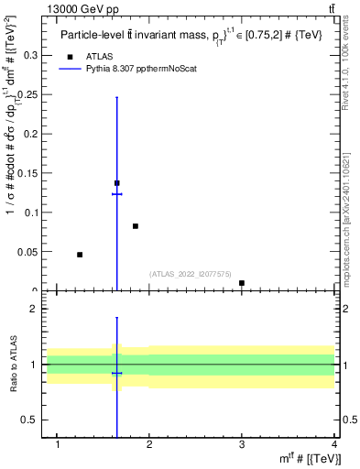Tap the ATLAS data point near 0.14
coord(116,183)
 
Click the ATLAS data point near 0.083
coord(136,226)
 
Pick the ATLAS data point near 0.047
coord(80,255)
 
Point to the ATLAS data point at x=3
coord(242,283)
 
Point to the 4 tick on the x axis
coord(334,445)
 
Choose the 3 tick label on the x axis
coord(242,445)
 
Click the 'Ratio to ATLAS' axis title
coord(13,366)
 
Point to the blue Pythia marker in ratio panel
coord(116,374)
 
